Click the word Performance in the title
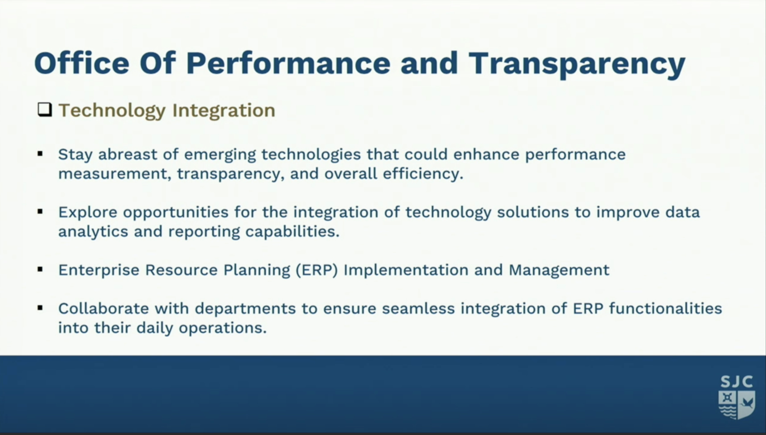[288, 63]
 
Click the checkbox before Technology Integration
[45, 110]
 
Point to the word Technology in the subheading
[112, 111]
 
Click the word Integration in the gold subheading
[224, 111]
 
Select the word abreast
[128, 154]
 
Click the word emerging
[220, 155]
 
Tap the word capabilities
[292, 232]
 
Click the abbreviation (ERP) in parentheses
[317, 270]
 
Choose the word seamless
[418, 309]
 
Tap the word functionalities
[666, 308]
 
